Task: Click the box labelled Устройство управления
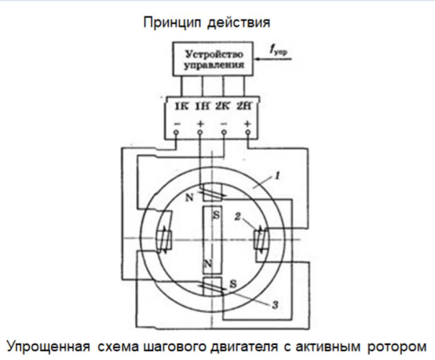click(213, 59)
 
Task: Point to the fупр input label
click(278, 50)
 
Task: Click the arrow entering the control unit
click(273, 59)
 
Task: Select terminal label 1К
click(181, 107)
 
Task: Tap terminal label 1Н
click(203, 107)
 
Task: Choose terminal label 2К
click(222, 107)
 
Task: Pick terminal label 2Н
click(244, 107)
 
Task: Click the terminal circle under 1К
click(176, 133)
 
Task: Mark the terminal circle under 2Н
click(248, 133)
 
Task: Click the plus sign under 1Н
click(200, 124)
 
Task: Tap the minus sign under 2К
click(225, 124)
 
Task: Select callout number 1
click(277, 176)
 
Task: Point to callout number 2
click(237, 216)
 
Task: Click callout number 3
click(275, 305)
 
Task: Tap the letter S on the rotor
click(217, 215)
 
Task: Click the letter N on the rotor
click(208, 263)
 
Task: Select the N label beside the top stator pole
click(189, 198)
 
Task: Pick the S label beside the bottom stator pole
click(233, 284)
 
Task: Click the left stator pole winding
click(163, 239)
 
